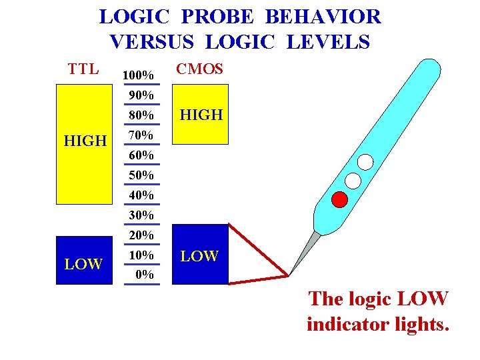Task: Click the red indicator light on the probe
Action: (341, 199)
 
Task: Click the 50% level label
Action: (141, 175)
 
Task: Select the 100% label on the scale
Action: (139, 75)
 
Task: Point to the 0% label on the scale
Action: (144, 274)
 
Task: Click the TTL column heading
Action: (83, 69)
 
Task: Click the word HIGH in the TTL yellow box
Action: (85, 141)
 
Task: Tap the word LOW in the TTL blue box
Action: (83, 265)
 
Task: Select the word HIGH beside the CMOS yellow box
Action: (201, 115)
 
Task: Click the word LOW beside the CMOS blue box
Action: (200, 256)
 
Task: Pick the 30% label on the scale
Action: (141, 215)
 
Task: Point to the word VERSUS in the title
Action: (152, 43)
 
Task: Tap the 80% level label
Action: (141, 115)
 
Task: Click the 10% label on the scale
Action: (141, 255)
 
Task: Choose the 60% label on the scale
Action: (141, 155)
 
